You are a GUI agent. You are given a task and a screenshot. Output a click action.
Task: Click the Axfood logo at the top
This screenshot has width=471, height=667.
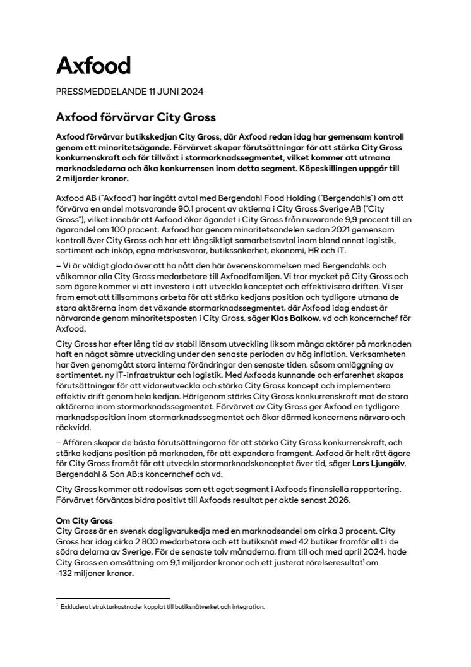tap(93, 65)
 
